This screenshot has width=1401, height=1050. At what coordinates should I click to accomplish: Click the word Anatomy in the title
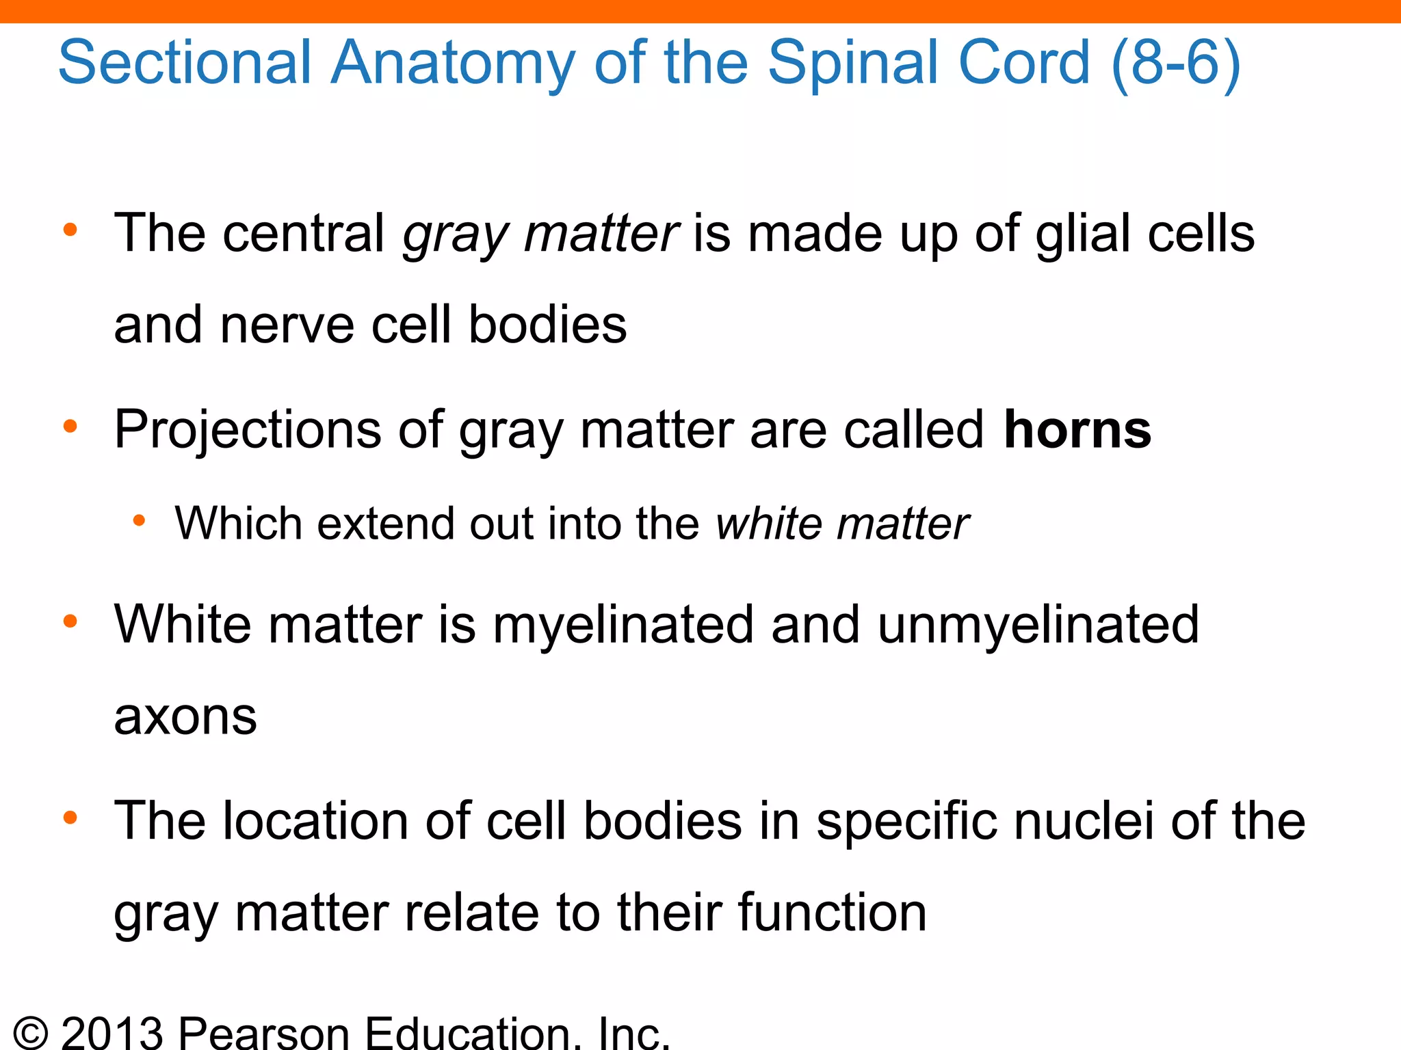[x=453, y=63]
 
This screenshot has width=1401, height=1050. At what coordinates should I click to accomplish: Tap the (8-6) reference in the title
[x=1175, y=63]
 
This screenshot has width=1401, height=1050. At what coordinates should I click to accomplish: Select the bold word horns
[x=1077, y=430]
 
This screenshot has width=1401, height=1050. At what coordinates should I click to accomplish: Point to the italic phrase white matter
[x=841, y=524]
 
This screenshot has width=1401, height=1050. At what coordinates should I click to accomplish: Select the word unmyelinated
[x=1038, y=625]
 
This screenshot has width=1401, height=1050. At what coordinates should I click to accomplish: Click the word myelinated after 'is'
[x=623, y=625]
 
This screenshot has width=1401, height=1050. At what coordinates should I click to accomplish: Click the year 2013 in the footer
[x=112, y=1032]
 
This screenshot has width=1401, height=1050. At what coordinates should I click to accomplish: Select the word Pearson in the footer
[x=264, y=1032]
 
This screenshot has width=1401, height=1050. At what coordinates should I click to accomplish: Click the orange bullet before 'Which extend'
[x=139, y=522]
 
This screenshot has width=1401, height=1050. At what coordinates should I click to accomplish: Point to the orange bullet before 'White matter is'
[x=70, y=621]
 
